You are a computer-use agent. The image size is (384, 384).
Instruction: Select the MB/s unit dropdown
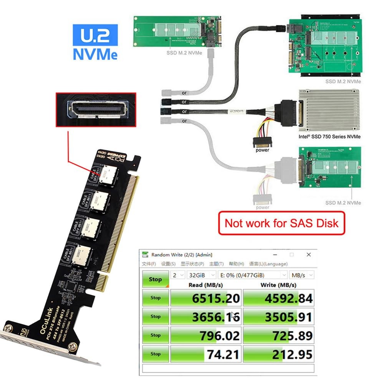pyautogui.click(x=301, y=275)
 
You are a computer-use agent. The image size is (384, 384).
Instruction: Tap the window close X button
pyautogui.click(x=308, y=255)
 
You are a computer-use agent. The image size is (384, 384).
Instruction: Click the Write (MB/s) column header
pyautogui.click(x=279, y=285)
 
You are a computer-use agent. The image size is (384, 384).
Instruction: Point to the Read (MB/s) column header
pyautogui.click(x=206, y=285)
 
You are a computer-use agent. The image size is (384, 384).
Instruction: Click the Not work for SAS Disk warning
pyautogui.click(x=281, y=223)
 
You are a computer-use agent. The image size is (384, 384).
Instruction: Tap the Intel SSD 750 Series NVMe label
pyautogui.click(x=329, y=136)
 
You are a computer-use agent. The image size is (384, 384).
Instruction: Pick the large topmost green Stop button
pyautogui.click(x=155, y=280)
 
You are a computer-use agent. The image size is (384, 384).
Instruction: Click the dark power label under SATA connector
pyautogui.click(x=262, y=150)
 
